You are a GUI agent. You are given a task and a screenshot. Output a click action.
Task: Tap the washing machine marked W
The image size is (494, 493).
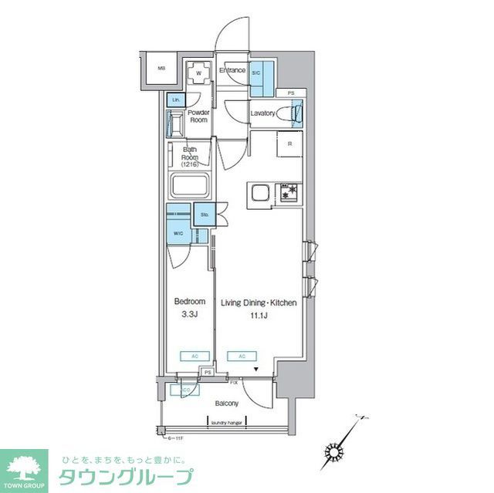tap(199, 74)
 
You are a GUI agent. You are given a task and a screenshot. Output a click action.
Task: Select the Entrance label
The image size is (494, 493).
tap(232, 71)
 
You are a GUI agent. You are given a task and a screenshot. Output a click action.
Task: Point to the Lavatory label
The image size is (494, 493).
tap(262, 113)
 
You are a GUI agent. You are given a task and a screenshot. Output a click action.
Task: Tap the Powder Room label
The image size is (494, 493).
tap(199, 116)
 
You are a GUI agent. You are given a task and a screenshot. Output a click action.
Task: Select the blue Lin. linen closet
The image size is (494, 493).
tap(176, 100)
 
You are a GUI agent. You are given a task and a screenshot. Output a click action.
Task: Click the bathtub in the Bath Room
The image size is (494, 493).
tap(191, 186)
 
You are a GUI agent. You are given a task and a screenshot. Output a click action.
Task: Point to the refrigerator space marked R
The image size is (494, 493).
tap(289, 144)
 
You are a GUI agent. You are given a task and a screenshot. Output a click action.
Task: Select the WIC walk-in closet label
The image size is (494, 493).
tap(178, 232)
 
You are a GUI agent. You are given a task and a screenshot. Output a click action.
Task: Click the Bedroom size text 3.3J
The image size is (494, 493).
tap(189, 315)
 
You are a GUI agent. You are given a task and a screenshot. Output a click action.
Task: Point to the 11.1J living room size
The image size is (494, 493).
tap(259, 315)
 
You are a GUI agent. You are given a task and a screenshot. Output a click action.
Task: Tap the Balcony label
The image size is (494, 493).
tap(226, 404)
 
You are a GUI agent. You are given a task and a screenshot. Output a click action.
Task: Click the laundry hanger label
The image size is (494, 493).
tap(227, 421)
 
